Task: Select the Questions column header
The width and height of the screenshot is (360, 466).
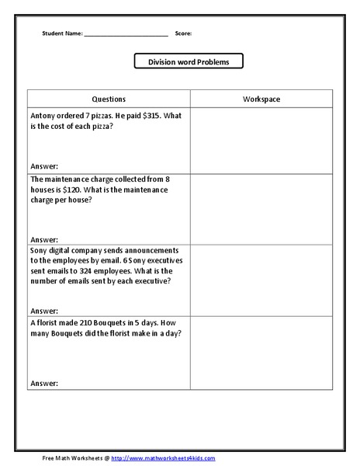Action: pos(109,99)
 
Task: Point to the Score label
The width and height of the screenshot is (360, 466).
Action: pos(183,34)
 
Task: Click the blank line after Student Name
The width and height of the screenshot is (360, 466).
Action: pos(126,35)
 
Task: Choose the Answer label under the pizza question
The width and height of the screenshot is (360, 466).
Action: pos(43,166)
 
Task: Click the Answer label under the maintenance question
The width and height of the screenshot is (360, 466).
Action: pos(43,239)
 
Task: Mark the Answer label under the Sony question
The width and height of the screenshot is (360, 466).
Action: pos(43,311)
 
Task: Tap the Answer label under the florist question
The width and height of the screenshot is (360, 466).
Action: pos(43,383)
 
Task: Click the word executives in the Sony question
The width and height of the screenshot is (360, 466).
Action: pos(157,260)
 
